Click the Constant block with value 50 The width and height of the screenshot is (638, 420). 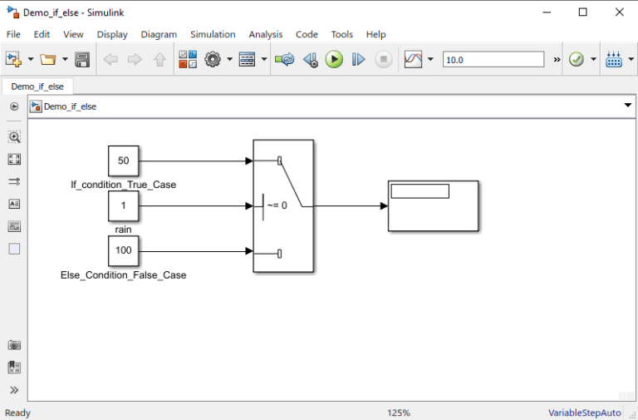(x=123, y=161)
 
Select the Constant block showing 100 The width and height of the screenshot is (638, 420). (x=123, y=250)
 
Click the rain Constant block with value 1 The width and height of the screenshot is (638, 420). (x=123, y=205)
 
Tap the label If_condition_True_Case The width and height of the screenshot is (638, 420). (x=123, y=185)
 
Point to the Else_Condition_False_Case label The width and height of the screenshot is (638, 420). (x=123, y=274)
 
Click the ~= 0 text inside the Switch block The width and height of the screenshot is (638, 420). (x=277, y=205)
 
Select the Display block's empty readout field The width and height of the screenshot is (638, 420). (x=420, y=191)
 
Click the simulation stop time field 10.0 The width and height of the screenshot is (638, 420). (x=493, y=60)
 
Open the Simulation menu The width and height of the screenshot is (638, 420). (x=213, y=34)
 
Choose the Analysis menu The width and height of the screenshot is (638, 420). (x=266, y=34)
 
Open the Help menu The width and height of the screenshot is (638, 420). (x=375, y=34)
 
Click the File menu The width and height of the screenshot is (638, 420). (x=13, y=34)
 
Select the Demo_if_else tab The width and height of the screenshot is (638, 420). (x=37, y=86)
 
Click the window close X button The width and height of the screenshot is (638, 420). (x=619, y=12)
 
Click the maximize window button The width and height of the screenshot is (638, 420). (x=582, y=12)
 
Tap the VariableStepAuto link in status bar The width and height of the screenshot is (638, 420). (x=584, y=413)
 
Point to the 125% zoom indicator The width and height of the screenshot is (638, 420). (x=398, y=413)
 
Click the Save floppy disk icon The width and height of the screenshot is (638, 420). (x=82, y=60)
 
